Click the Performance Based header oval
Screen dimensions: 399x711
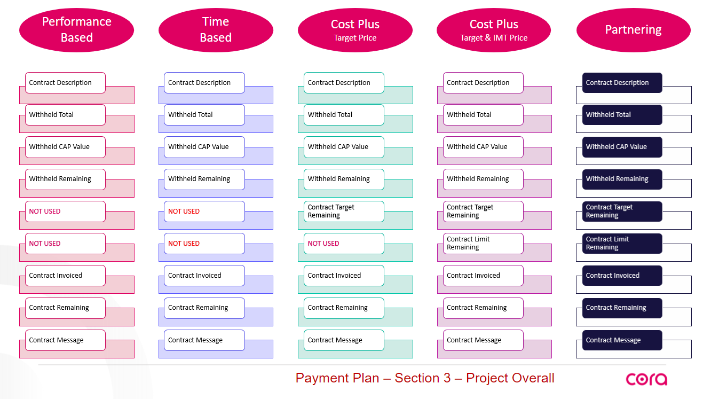tap(76, 29)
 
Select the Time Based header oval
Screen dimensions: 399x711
tap(216, 29)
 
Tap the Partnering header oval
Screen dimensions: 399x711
tap(633, 30)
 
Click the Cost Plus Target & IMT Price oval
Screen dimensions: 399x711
tap(494, 30)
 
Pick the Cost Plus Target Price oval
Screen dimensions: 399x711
tap(355, 30)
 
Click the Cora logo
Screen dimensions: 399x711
tap(646, 379)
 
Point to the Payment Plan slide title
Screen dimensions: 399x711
tap(425, 378)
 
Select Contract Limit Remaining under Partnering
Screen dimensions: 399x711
tap(622, 244)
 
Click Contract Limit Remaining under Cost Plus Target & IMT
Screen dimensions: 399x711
tap(483, 244)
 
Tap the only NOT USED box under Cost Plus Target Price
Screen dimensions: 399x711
tap(344, 244)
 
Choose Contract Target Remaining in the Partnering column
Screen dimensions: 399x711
tap(622, 212)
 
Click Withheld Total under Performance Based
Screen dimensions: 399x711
tap(65, 115)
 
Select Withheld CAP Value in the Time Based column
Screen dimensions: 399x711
tap(204, 147)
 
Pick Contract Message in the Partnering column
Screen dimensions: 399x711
tap(622, 340)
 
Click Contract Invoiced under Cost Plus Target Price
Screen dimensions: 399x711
tap(344, 276)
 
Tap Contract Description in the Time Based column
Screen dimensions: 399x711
tap(204, 83)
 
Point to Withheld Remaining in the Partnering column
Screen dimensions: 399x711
tap(622, 179)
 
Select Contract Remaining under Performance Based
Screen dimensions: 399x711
tap(65, 308)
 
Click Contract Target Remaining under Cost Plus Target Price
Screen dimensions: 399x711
tap(344, 212)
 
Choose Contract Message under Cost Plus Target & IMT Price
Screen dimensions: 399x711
tap(483, 340)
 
